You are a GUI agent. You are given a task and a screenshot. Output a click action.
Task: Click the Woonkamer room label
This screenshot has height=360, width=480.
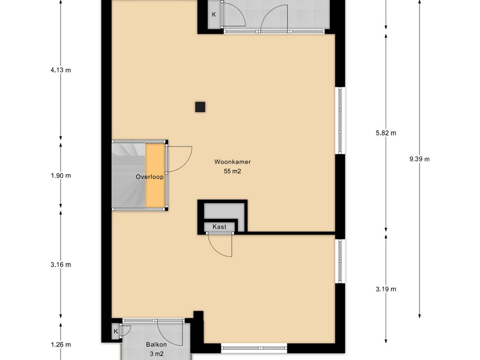tap(232, 162)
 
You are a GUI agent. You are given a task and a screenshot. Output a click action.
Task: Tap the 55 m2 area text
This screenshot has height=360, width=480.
tap(232, 172)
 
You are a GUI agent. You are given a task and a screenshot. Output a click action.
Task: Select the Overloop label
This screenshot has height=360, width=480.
tap(150, 177)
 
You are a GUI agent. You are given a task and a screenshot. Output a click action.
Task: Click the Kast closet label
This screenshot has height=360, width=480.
tap(219, 227)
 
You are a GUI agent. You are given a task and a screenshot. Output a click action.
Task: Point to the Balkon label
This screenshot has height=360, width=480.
tap(157, 345)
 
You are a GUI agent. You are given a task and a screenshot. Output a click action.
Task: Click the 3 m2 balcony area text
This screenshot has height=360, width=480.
tap(157, 354)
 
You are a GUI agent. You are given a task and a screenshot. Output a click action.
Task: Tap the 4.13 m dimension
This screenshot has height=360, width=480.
tap(60, 70)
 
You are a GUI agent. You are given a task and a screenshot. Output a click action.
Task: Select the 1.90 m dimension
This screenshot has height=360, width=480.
tap(60, 176)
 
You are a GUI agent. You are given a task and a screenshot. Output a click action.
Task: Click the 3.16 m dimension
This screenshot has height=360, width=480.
tap(60, 265)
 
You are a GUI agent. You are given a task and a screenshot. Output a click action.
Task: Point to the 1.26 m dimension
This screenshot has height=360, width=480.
tap(60, 345)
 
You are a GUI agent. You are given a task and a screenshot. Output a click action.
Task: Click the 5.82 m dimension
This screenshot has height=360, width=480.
tap(386, 133)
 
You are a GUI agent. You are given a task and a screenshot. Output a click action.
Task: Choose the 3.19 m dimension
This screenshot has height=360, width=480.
tap(386, 289)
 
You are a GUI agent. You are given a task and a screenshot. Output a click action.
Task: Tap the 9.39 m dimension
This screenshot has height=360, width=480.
tap(420, 159)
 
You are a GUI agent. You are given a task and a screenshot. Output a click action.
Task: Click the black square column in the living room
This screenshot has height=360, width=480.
tap(200, 107)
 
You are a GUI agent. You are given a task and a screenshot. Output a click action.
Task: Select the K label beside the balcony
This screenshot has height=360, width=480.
tap(116, 331)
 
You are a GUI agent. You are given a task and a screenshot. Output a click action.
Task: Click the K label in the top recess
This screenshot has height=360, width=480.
tap(214, 15)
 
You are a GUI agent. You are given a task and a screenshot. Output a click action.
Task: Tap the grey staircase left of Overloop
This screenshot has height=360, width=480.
tap(128, 175)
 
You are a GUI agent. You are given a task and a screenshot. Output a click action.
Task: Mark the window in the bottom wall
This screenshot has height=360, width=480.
tap(254, 348)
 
